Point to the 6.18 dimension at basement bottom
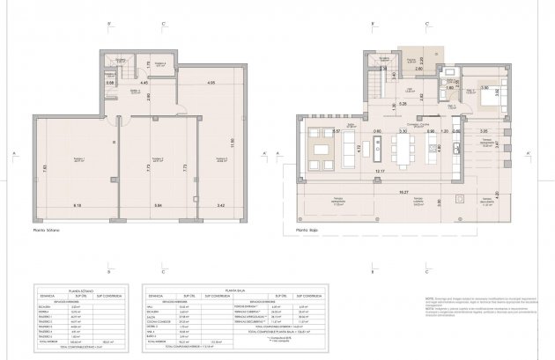(x=76, y=205)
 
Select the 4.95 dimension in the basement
(x=211, y=83)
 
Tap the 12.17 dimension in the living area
(x=380, y=171)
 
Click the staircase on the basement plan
(x=129, y=73)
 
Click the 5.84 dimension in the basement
(x=158, y=205)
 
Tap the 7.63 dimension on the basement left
(x=45, y=167)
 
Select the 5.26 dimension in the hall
(x=403, y=104)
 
